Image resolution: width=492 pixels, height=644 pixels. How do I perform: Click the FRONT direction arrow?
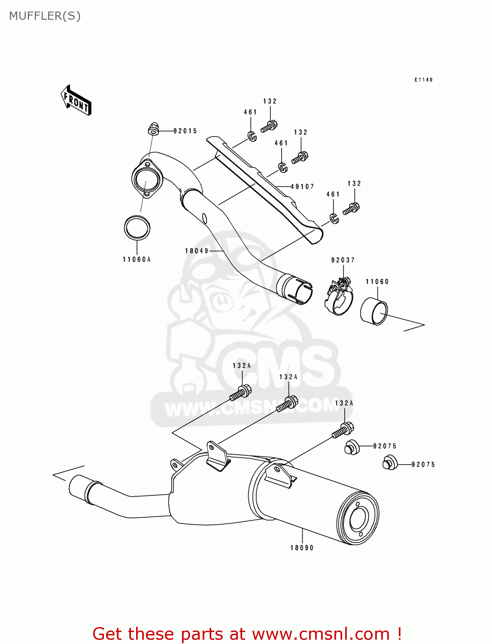click(x=76, y=100)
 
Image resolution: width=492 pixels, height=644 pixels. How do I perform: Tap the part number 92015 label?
click(x=185, y=131)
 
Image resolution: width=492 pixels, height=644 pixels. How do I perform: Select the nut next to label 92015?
click(x=153, y=128)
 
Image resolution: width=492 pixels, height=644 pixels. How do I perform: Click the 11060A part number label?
click(x=137, y=259)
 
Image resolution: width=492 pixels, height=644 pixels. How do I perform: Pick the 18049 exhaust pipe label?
click(x=197, y=251)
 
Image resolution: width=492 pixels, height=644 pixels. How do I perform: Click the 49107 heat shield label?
click(x=302, y=186)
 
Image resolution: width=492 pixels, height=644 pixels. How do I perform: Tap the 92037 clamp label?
click(x=343, y=260)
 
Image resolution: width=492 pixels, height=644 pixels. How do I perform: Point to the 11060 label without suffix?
click(x=377, y=282)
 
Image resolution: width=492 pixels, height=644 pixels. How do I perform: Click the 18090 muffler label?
click(x=302, y=548)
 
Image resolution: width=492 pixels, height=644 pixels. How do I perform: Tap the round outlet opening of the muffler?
click(x=358, y=520)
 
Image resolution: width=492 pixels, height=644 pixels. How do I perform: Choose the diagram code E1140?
click(x=423, y=80)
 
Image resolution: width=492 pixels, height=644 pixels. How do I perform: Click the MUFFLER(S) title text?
click(x=45, y=16)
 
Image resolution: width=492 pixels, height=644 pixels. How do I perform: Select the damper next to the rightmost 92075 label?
click(x=390, y=464)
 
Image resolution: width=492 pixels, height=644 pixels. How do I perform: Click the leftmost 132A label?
click(x=242, y=366)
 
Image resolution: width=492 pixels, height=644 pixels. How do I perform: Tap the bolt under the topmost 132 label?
click(x=269, y=126)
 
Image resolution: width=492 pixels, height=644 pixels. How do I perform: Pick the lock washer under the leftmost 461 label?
click(x=252, y=137)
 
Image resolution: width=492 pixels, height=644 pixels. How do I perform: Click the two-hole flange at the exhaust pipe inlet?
click(x=146, y=179)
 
